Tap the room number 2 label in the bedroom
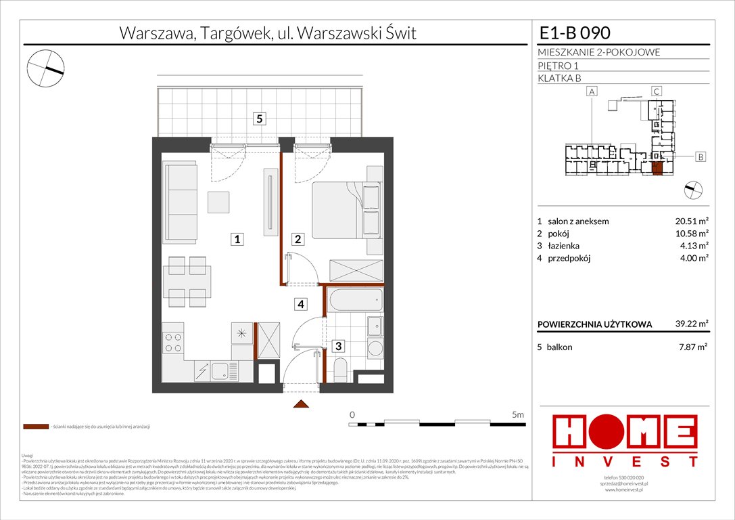[x=298, y=239]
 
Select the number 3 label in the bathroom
[x=339, y=347]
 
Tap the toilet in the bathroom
[x=341, y=370]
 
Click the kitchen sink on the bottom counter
[x=221, y=370]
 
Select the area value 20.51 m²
[x=693, y=221]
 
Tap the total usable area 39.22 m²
[x=693, y=324]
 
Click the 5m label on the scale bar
[x=517, y=414]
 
